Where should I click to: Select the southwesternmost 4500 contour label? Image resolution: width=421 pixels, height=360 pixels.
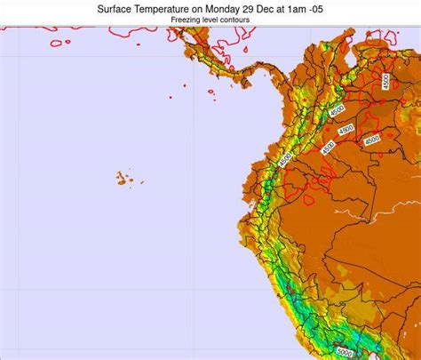pos(284,160)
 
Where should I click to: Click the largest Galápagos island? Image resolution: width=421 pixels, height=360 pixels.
pos(120,179)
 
